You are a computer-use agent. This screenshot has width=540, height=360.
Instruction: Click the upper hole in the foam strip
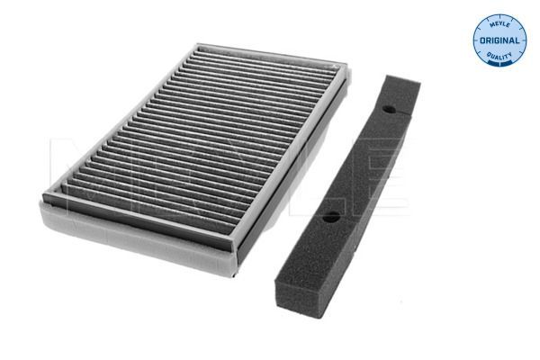click(x=388, y=109)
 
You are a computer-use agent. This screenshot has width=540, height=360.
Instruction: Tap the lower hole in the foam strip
click(x=331, y=217)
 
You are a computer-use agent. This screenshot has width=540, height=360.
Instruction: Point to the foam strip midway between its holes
click(x=360, y=163)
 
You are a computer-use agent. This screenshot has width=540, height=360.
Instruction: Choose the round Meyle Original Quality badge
click(x=500, y=40)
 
